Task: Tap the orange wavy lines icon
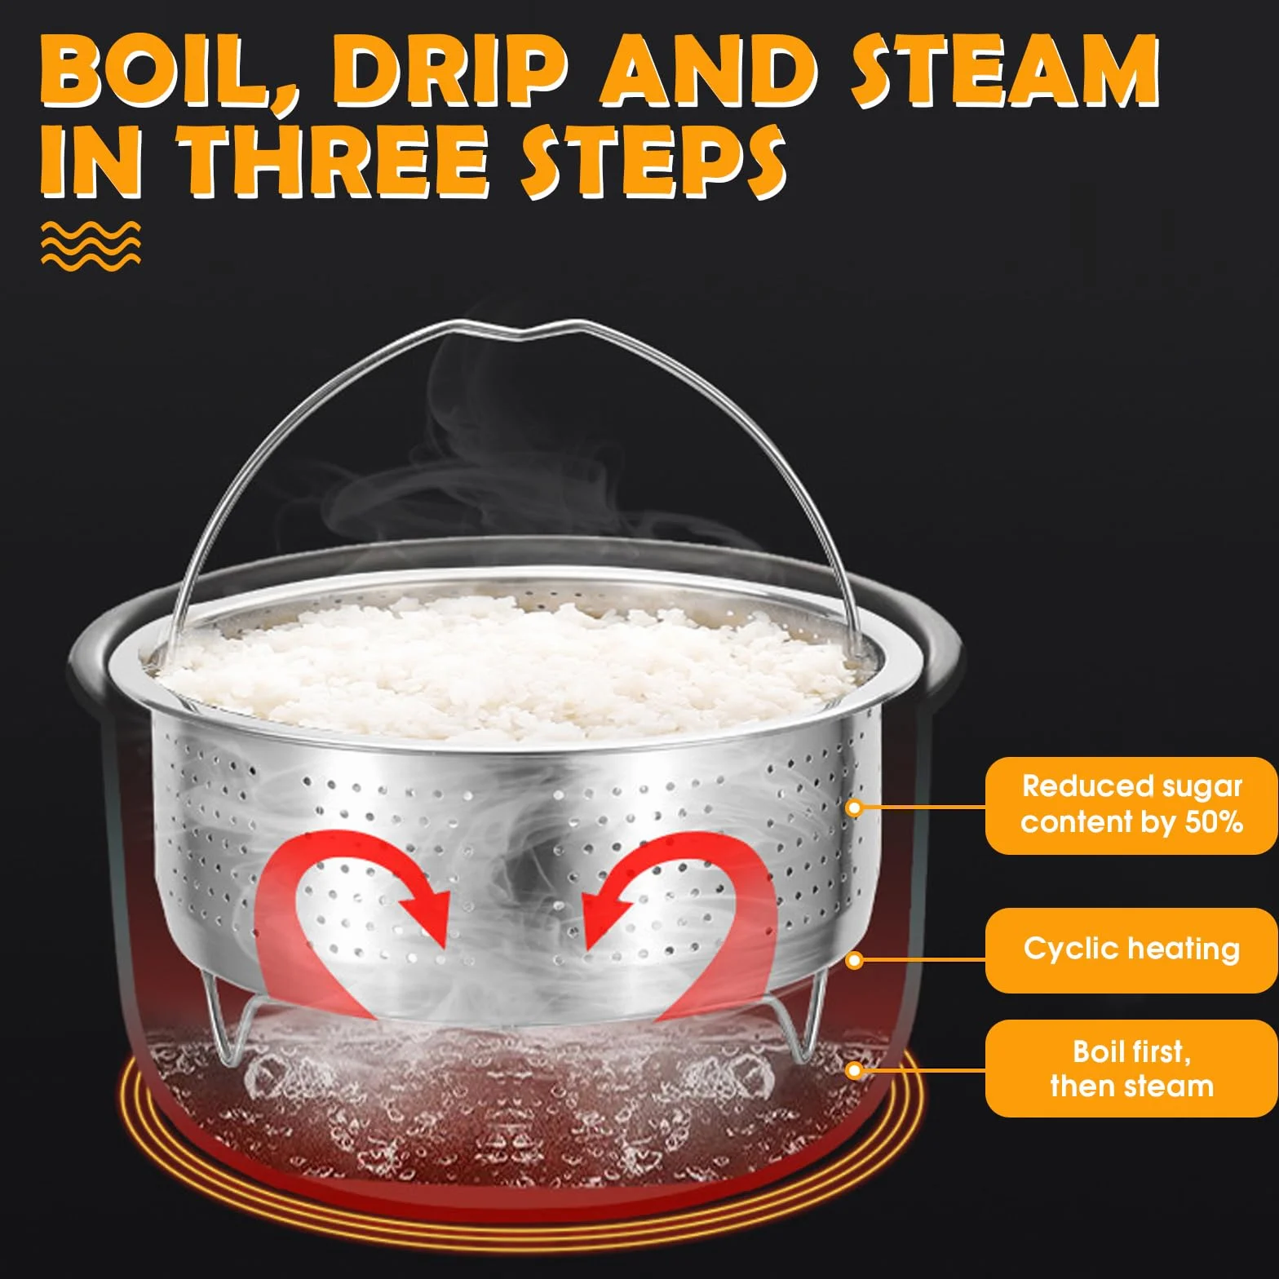pos(91,244)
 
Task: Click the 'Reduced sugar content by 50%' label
pos(1131,805)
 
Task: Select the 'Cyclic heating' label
pos(1131,949)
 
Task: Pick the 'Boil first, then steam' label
pos(1131,1068)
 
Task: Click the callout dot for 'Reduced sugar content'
pos(854,808)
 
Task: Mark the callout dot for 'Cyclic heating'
pos(854,960)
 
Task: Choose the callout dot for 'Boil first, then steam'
pos(854,1069)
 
